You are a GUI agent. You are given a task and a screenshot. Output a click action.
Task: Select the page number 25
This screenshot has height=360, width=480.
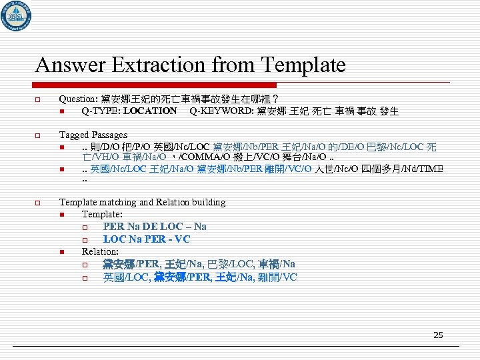coord(438,335)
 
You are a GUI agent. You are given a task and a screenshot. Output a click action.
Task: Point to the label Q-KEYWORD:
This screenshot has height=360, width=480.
coord(218,111)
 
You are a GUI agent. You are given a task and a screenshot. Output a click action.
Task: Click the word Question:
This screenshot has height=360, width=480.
coord(78,99)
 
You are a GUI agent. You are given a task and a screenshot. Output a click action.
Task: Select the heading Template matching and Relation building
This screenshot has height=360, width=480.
coord(142,202)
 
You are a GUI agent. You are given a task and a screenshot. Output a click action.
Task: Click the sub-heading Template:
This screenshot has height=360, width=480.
coord(102,214)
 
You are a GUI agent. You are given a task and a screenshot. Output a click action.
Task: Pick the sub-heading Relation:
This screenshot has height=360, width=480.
coord(100,251)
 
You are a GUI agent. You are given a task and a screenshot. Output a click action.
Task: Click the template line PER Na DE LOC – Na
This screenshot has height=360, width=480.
coord(155,227)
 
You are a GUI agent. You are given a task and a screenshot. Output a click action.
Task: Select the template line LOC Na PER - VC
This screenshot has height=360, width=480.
coord(147,239)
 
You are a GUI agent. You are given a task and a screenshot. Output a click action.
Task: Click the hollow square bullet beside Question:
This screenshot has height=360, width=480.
coord(39,99)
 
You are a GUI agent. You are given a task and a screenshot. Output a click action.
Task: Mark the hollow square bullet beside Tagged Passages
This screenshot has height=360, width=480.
coord(39,135)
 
